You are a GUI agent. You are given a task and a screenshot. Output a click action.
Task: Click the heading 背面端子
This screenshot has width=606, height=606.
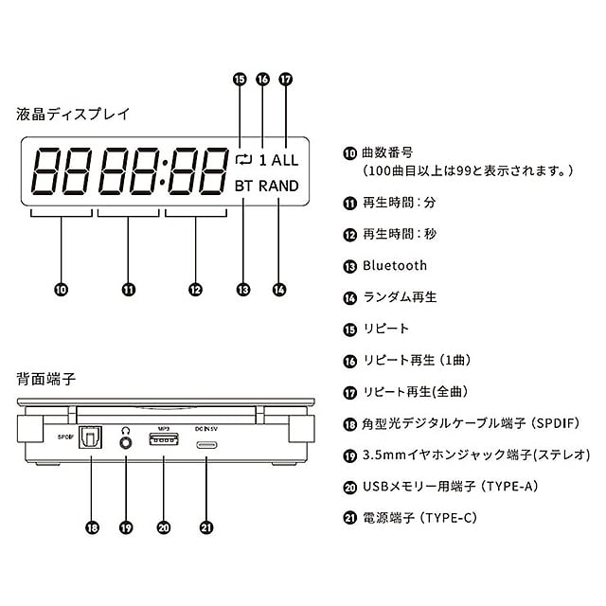click(x=46, y=379)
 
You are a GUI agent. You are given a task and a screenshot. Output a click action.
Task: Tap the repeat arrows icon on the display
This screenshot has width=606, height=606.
click(x=243, y=160)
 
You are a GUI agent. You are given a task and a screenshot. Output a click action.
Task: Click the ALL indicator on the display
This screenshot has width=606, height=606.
click(x=284, y=160)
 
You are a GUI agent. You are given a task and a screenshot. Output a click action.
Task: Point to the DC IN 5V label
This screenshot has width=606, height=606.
click(x=208, y=427)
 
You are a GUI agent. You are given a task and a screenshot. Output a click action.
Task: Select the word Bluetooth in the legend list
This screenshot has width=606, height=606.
click(x=395, y=266)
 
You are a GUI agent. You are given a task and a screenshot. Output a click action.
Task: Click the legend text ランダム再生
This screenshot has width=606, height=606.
click(x=401, y=297)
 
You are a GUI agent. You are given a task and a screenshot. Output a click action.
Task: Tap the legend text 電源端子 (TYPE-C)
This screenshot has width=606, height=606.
click(x=420, y=516)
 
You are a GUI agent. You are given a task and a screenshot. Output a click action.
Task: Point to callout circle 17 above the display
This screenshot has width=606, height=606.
click(x=286, y=80)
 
